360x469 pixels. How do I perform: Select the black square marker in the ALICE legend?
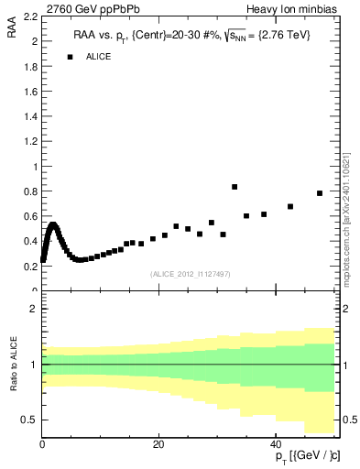(69, 57)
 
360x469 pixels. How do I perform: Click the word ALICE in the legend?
(99, 57)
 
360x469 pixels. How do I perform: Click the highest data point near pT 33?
(235, 187)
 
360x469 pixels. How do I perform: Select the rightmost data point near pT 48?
(320, 193)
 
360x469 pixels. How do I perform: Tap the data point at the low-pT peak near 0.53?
(53, 224)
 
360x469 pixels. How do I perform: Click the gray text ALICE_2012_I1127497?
(189, 273)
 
